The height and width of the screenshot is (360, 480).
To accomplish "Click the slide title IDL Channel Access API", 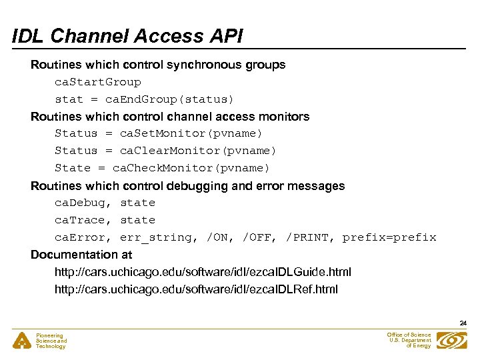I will coord(128,37).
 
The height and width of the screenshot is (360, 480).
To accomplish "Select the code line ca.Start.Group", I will coord(98,82).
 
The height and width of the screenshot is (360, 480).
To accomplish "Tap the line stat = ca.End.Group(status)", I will coord(145,99).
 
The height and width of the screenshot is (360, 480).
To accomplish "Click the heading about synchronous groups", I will coord(158,65).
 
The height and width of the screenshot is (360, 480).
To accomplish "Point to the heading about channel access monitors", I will coord(170,117).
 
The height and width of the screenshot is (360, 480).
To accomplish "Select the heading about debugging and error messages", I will coord(187,186).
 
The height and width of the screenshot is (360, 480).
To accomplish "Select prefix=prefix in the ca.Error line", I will coord(389,237).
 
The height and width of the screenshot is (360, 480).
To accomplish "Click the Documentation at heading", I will coord(81,255).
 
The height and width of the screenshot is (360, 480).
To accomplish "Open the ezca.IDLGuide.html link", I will coord(203,272).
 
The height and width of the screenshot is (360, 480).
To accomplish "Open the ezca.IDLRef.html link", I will coord(196,289).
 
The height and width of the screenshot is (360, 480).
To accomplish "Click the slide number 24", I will coord(463,323).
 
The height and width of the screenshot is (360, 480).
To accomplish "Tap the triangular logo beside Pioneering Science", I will coord(22,341).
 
